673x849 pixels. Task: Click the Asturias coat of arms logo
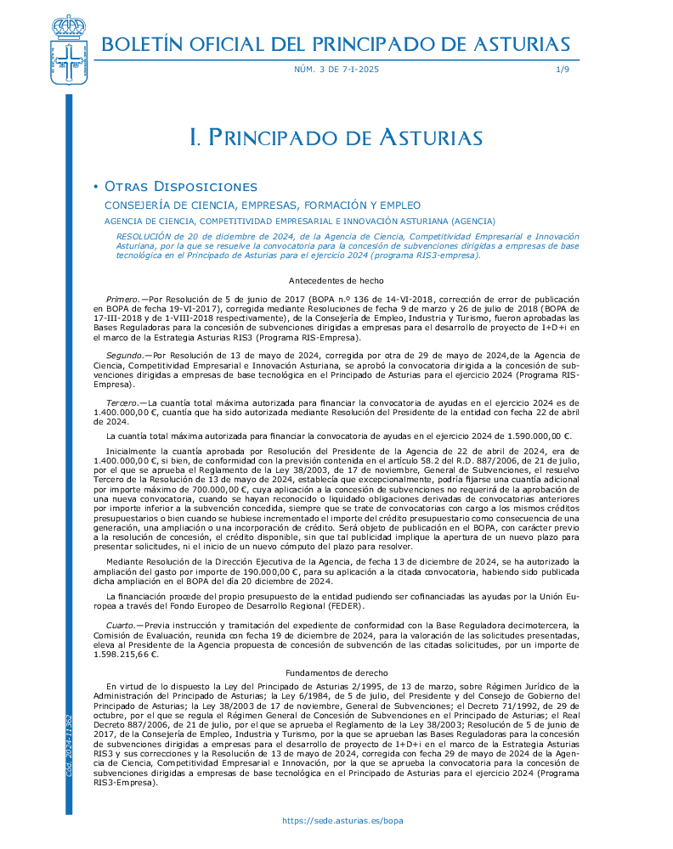69,52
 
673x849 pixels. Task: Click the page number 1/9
563,69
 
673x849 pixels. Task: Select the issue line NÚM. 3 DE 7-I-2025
336,69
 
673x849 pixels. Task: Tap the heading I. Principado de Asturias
336,138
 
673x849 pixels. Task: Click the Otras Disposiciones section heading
179,187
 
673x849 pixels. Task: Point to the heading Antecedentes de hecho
336,281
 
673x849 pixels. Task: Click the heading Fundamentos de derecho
336,672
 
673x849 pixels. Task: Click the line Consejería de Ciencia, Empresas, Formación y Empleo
263,205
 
